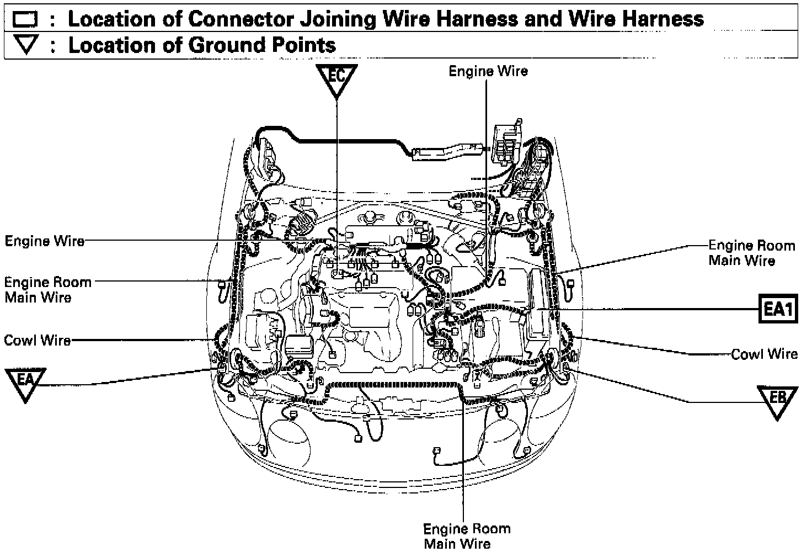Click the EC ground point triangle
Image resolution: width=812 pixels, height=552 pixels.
click(336, 78)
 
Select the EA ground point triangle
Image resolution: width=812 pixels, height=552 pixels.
click(25, 382)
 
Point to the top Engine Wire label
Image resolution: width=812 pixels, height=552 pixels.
click(488, 71)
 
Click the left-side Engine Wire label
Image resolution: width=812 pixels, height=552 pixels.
click(45, 241)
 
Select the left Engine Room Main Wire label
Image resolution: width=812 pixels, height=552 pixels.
click(47, 290)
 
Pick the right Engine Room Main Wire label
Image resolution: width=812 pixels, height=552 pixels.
click(751, 253)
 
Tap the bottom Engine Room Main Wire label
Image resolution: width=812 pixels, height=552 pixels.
click(467, 536)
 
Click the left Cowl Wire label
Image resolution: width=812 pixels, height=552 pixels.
click(38, 340)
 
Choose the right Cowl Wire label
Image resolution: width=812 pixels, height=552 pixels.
click(764, 354)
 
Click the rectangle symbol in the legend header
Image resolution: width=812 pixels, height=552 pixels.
click(25, 20)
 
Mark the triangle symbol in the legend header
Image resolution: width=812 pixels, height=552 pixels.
click(25, 45)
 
